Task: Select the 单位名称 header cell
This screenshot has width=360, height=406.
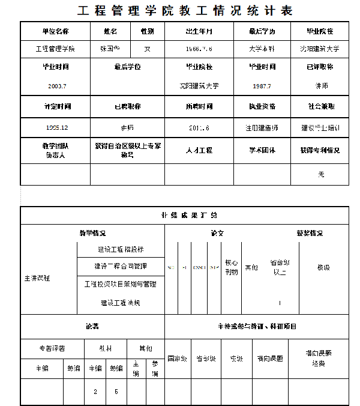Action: pyautogui.click(x=55, y=31)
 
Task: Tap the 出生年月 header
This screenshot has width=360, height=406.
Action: pyautogui.click(x=199, y=31)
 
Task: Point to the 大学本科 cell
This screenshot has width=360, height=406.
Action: pyautogui.click(x=262, y=49)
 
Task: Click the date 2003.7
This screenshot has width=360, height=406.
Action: pyautogui.click(x=55, y=86)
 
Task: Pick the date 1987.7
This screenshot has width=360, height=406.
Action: pyautogui.click(x=262, y=86)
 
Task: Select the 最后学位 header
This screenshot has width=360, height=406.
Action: pyautogui.click(x=127, y=67)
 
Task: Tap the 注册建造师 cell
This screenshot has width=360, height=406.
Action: pyautogui.click(x=262, y=127)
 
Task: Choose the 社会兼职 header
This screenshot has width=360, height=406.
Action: pyautogui.click(x=320, y=106)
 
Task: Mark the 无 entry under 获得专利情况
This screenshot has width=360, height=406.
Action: pyautogui.click(x=320, y=174)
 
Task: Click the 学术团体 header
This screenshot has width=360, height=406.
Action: pyautogui.click(x=262, y=150)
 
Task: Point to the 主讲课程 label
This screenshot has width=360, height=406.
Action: pyautogui.click(x=37, y=279)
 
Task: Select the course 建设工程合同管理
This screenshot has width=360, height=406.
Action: pyautogui.click(x=120, y=266)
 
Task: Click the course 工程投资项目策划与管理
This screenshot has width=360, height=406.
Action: pyautogui.click(x=120, y=284)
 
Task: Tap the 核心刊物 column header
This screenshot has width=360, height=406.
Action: pyautogui.click(x=231, y=267)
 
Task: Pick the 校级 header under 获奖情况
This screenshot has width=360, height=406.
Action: pyautogui.click(x=323, y=267)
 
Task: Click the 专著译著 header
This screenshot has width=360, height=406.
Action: pyautogui.click(x=52, y=348)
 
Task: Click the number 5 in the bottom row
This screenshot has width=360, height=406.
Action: pyautogui.click(x=116, y=392)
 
